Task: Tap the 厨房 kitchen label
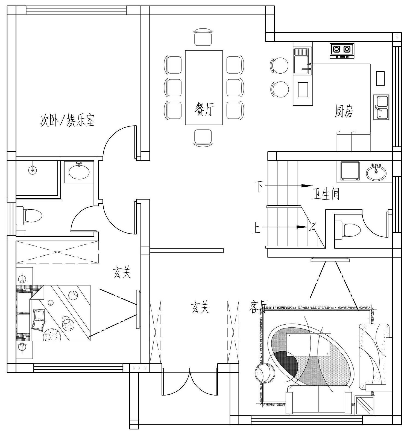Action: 344,111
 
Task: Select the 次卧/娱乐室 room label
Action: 67,120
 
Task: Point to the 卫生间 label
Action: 326,194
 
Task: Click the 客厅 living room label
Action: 258,307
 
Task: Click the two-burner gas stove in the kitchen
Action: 342,51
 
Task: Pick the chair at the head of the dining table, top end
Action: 203,37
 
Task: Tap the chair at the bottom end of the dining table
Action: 203,138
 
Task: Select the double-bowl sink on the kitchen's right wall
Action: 381,107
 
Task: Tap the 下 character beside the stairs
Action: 259,186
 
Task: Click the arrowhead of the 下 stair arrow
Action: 307,186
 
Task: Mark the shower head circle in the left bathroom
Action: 33,170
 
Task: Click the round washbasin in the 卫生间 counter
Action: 376,172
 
